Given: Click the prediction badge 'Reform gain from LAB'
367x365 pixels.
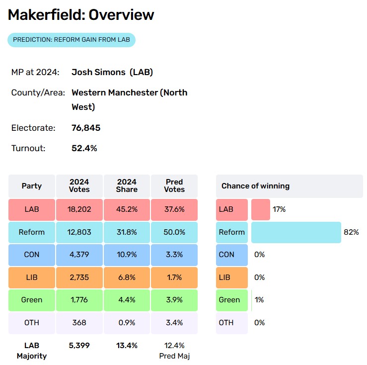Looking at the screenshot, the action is click(72, 40).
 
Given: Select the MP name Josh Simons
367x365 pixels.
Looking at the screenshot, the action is click(98, 72).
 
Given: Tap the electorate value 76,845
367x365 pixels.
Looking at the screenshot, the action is click(86, 128).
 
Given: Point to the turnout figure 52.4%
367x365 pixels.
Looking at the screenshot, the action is click(84, 148).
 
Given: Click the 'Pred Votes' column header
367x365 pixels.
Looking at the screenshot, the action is click(174, 186).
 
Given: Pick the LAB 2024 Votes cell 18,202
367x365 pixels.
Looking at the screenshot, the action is click(79, 209).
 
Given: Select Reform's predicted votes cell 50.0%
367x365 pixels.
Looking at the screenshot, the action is click(174, 232).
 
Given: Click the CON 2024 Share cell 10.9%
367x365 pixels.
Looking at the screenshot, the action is click(127, 255).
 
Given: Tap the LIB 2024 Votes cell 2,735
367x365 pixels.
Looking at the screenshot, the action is click(79, 277).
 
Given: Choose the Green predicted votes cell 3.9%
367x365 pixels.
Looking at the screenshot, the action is click(174, 300).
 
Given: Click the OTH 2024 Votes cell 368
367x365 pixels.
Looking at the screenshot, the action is click(79, 323).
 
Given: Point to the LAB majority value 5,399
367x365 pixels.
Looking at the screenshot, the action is click(79, 346).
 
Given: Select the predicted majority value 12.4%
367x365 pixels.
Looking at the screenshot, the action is click(174, 346).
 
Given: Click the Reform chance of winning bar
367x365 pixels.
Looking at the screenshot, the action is click(296, 232).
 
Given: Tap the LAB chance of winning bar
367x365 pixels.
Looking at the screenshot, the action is click(261, 209).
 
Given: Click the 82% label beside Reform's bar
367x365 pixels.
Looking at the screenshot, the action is click(351, 232).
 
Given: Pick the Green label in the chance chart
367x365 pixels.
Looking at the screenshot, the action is click(229, 300).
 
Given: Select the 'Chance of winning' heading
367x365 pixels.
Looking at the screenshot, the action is click(256, 186).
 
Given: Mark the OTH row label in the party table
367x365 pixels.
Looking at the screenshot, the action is click(32, 323).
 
